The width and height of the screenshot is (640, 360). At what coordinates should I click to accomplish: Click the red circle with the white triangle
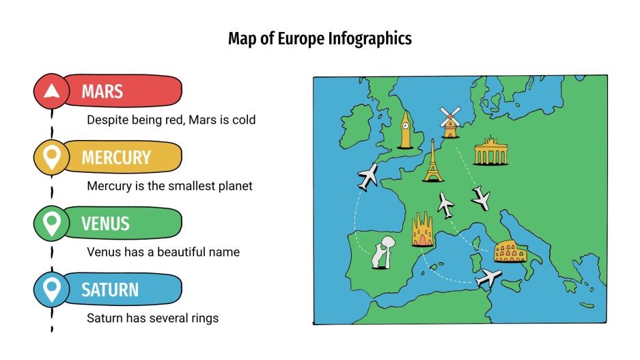[52, 91]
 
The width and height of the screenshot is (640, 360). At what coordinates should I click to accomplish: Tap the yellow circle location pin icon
[52, 157]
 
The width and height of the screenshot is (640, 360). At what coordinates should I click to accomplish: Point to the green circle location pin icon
[52, 223]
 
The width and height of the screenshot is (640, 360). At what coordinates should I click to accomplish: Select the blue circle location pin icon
[52, 290]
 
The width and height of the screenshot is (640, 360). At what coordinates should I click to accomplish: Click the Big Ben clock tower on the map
[406, 130]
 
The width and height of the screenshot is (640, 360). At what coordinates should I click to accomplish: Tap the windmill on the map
[449, 122]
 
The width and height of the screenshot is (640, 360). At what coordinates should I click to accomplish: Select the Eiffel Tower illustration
[432, 161]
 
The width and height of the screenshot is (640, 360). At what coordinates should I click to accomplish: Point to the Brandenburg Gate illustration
[491, 151]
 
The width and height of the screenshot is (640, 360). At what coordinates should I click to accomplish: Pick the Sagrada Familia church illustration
[423, 230]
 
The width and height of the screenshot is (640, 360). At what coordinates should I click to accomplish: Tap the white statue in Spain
[382, 253]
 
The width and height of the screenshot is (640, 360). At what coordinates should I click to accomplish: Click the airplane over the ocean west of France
[367, 176]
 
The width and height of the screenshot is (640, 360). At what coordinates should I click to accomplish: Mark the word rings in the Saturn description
[204, 318]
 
